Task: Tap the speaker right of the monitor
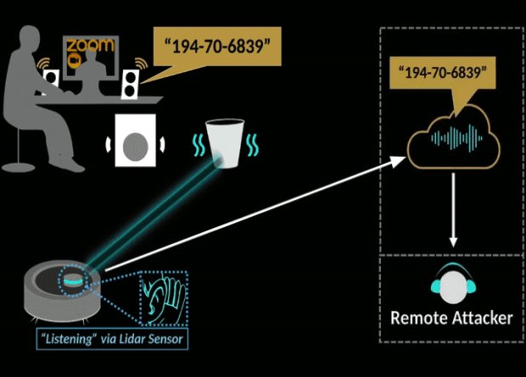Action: coord(131,82)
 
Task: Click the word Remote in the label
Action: coord(421,319)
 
